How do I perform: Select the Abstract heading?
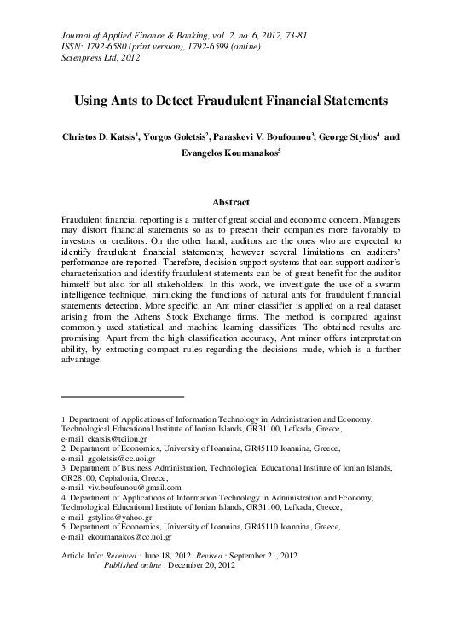point(231,202)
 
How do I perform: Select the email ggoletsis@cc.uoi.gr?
point(115,458)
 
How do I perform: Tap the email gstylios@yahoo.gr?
point(114,517)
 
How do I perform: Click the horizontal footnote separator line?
point(124,397)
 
